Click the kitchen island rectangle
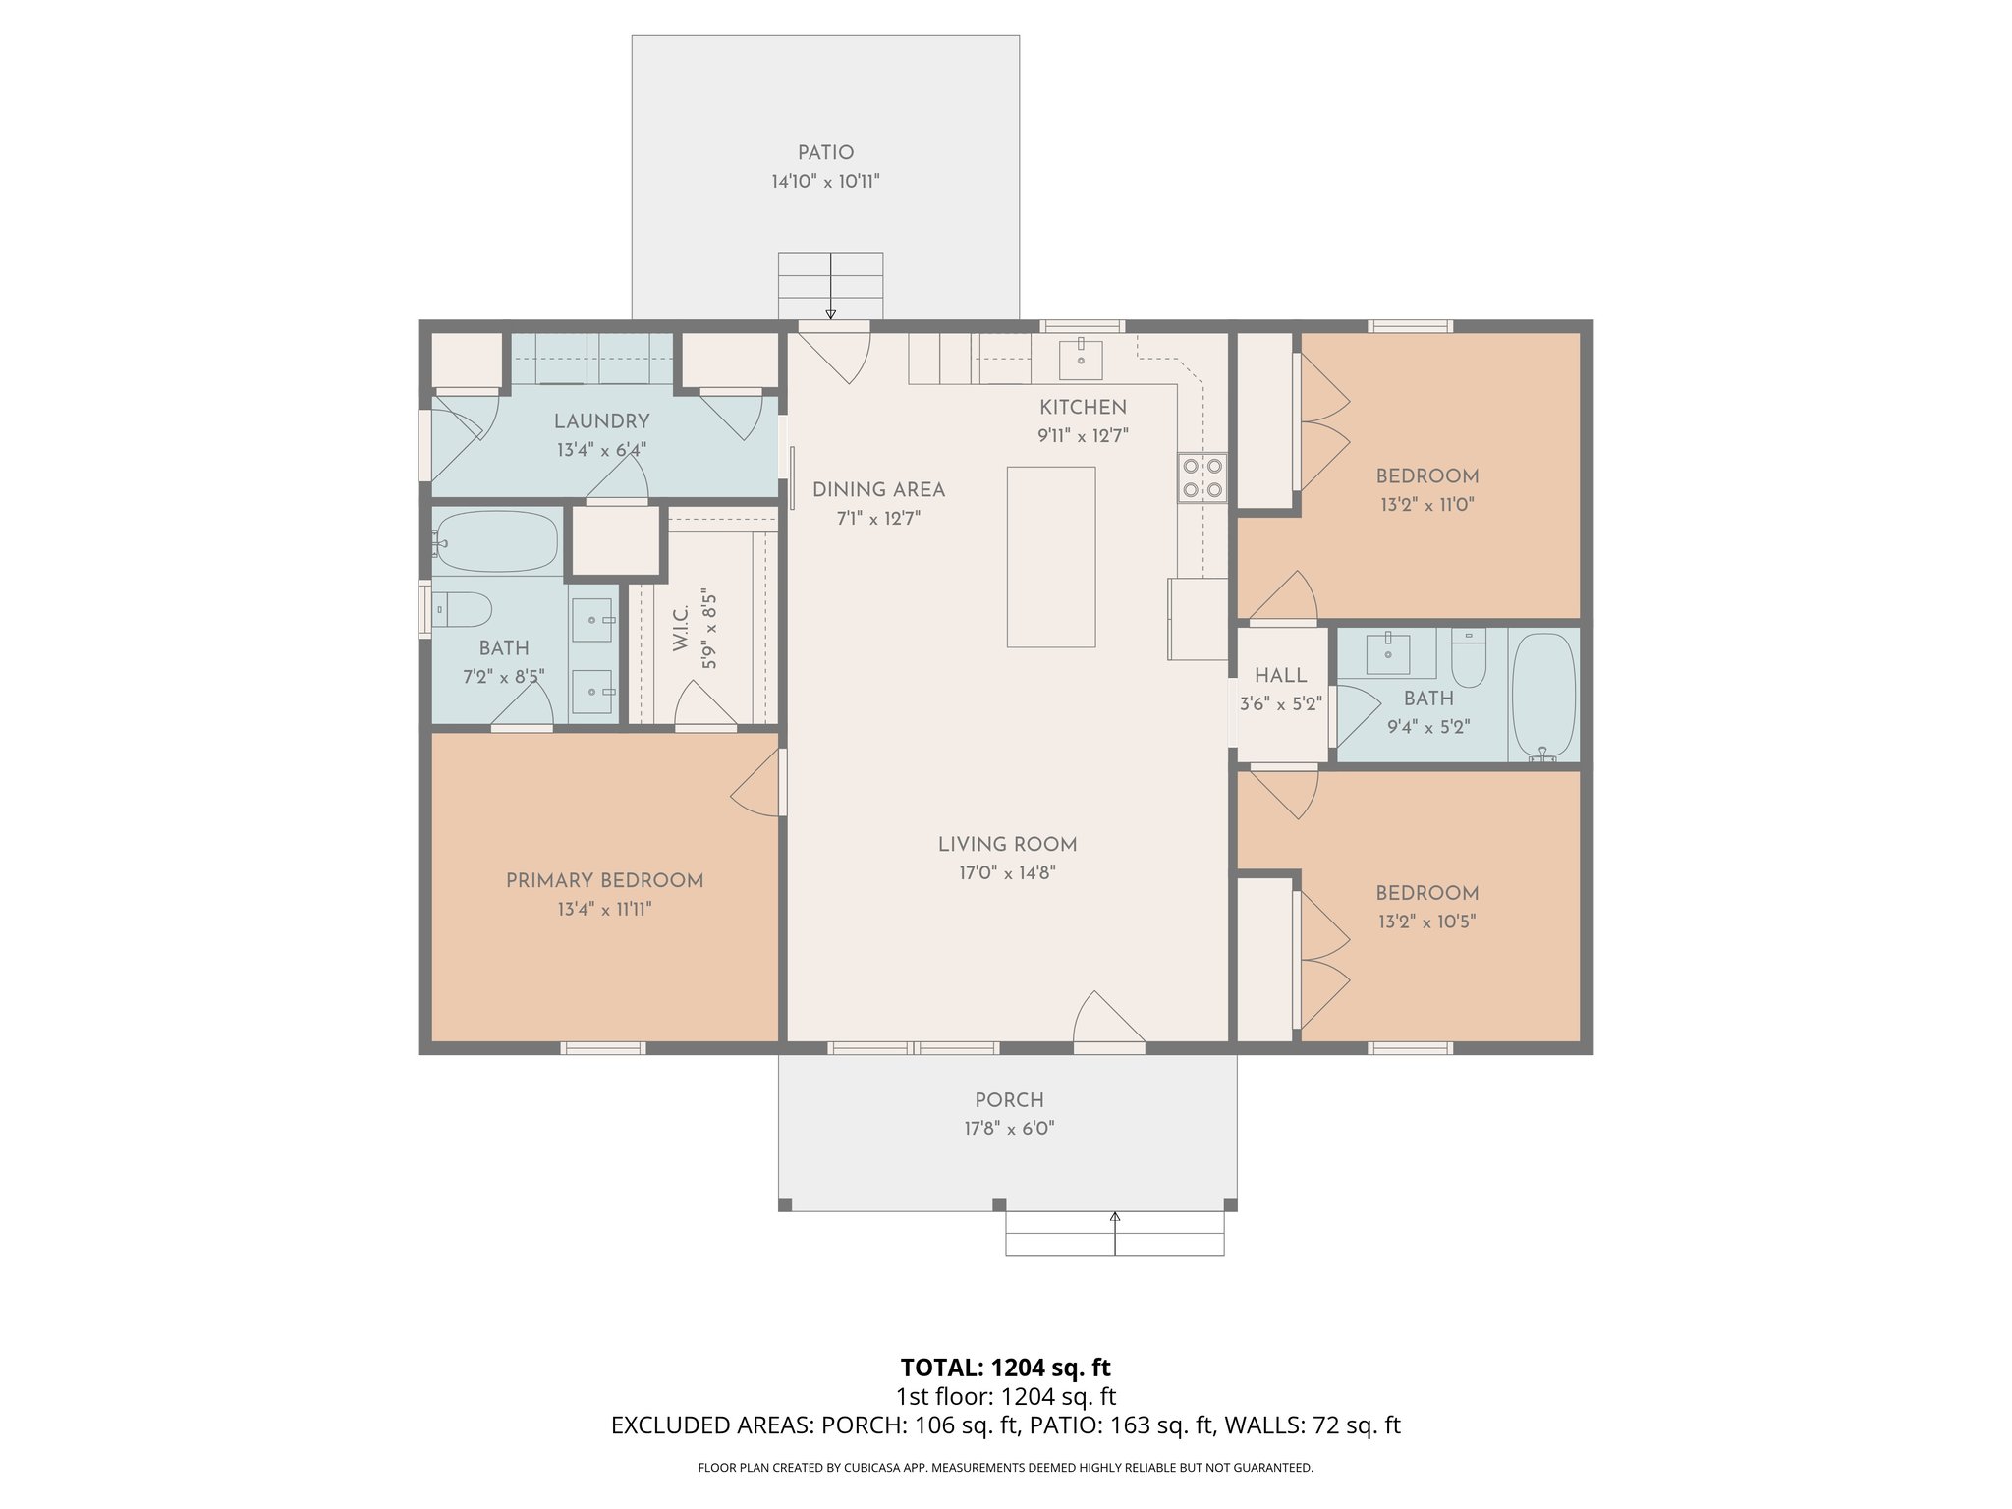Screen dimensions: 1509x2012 (x=1050, y=556)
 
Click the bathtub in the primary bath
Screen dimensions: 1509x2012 (x=496, y=541)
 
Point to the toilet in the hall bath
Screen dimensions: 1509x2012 (x=1469, y=657)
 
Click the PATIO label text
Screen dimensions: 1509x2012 (x=825, y=153)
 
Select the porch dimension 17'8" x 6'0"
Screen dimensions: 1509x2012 (x=1009, y=1129)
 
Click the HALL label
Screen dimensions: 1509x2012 (x=1280, y=675)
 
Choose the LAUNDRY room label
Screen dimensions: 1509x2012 (x=601, y=421)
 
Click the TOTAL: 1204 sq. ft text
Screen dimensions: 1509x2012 (x=1005, y=1368)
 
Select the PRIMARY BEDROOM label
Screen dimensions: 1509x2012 (x=604, y=881)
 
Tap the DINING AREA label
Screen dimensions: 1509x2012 (x=878, y=490)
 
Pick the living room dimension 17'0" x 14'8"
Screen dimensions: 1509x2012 (x=1007, y=872)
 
